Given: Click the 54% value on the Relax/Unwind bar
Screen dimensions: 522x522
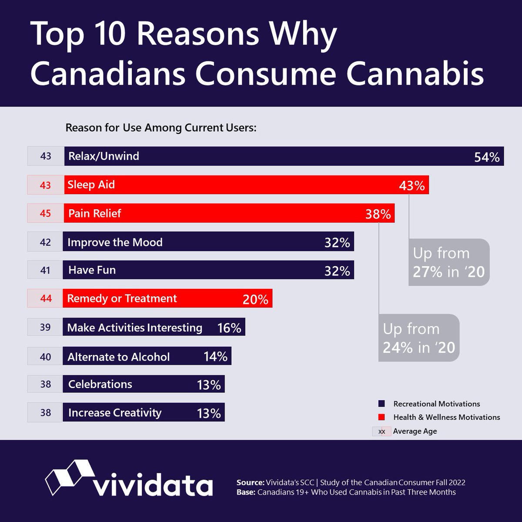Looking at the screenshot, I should pos(487,157).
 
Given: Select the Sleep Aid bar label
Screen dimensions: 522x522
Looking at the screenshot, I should pos(91,184).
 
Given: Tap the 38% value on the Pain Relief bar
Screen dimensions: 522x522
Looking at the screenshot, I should pos(378,214).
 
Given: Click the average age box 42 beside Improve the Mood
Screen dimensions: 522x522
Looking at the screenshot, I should pos(45,242).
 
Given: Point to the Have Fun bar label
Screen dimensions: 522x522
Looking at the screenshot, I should pos(92,270).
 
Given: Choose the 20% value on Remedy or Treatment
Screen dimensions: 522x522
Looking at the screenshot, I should pos(255,299).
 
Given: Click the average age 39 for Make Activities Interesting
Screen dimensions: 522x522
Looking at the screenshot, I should pos(45,327).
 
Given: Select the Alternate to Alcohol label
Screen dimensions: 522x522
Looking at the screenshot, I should pos(118,357).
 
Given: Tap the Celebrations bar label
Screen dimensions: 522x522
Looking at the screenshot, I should pos(100,384).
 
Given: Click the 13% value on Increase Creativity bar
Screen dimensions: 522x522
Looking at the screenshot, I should pos(209,413).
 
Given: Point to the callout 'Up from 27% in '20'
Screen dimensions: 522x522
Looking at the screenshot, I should pos(448,262).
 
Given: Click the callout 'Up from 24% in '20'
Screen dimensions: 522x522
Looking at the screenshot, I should pos(418,338).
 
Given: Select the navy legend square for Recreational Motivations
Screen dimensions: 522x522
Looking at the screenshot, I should pos(381,404).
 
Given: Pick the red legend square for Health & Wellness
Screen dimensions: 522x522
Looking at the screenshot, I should pos(381,417).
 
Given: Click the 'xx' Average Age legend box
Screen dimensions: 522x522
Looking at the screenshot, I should pos(381,432).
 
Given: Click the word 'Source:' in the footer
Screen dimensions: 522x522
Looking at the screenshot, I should pos(250,482).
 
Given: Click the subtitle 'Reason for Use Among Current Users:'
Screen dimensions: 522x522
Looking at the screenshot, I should pos(161,128).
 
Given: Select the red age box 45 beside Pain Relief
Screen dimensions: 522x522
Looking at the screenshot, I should pos(45,213).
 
